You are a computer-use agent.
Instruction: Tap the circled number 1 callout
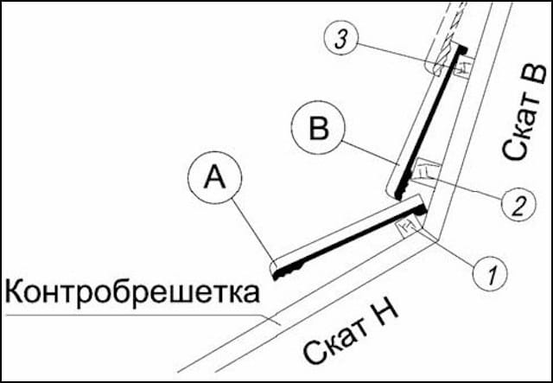pos(489,276)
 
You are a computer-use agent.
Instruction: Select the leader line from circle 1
pos(446,249)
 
